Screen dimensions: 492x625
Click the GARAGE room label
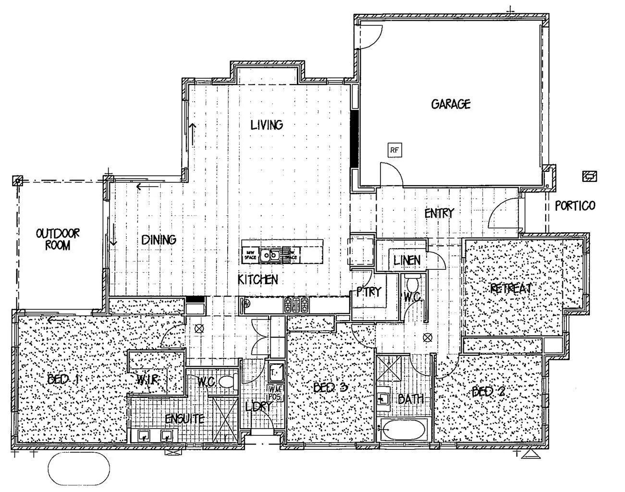pyautogui.click(x=450, y=104)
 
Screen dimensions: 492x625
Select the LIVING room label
pyautogui.click(x=267, y=125)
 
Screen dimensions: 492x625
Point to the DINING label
pyautogui.click(x=159, y=240)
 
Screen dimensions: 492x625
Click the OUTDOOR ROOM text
pyautogui.click(x=58, y=239)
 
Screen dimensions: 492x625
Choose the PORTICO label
pyautogui.click(x=575, y=206)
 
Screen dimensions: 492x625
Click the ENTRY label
pyautogui.click(x=439, y=214)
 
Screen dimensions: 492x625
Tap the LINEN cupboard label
pyautogui.click(x=407, y=261)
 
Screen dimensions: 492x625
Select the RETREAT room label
pyautogui.click(x=511, y=288)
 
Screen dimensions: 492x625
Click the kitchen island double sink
pyautogui.click(x=270, y=254)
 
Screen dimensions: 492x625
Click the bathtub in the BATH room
pyautogui.click(x=403, y=429)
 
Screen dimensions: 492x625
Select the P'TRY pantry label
pyautogui.click(x=368, y=292)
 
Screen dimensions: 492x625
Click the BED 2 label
pyautogui.click(x=488, y=392)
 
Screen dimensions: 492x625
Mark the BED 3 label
pyautogui.click(x=330, y=387)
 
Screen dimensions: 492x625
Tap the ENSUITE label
pyautogui.click(x=184, y=419)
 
